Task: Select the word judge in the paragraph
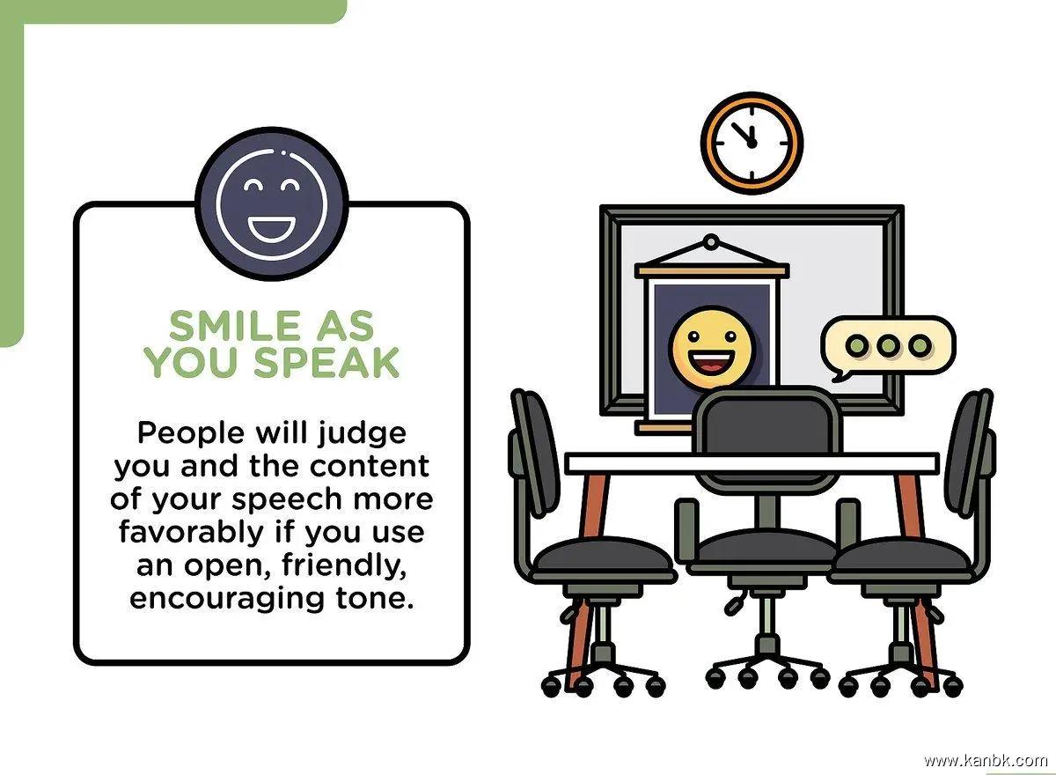(361, 434)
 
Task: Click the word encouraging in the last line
(227, 600)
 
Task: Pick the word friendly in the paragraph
(344, 565)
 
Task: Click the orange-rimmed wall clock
(752, 143)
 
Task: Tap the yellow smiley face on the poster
(712, 348)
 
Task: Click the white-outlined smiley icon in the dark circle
(272, 204)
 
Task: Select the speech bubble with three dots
(887, 348)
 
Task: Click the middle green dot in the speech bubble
(888, 346)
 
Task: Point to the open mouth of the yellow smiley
(711, 363)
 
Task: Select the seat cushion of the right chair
(901, 560)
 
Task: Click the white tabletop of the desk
(752, 462)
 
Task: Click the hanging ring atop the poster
(711, 242)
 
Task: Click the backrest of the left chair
(536, 452)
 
